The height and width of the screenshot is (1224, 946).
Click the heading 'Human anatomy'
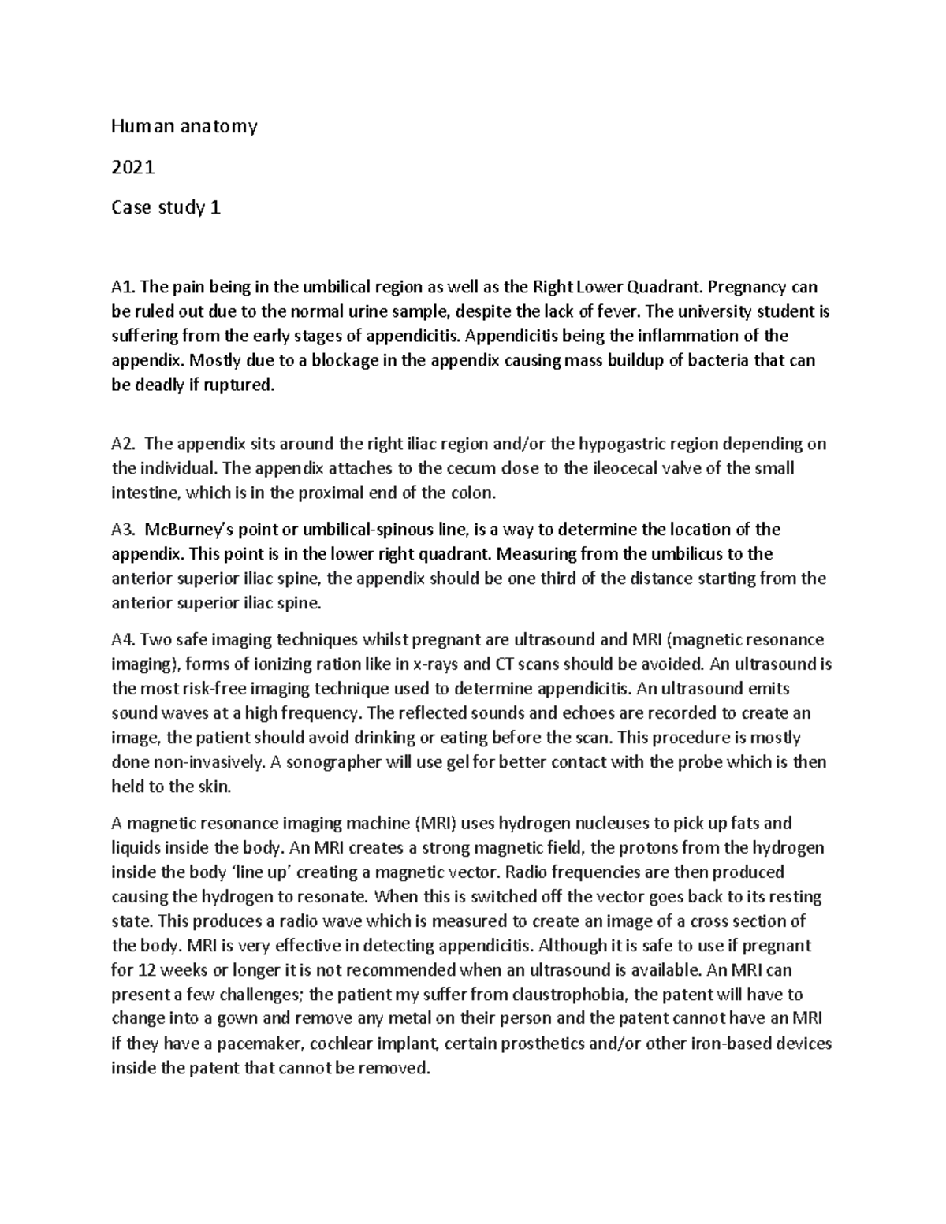click(x=184, y=125)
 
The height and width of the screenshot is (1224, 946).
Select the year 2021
click(x=133, y=167)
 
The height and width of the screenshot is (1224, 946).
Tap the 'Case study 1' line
click(x=166, y=208)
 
